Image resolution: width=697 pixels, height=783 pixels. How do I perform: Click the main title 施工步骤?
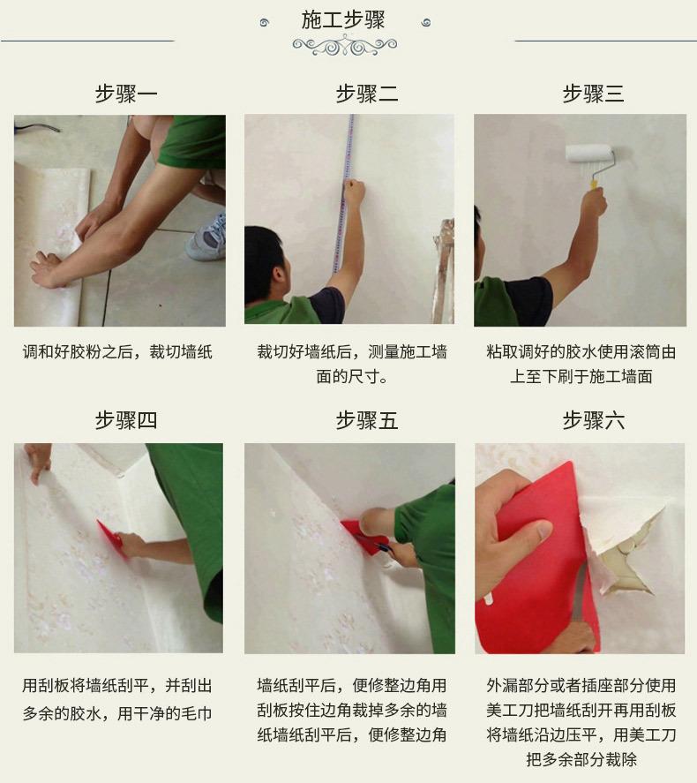pyautogui.click(x=343, y=20)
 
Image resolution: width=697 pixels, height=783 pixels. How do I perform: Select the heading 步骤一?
pyautogui.click(x=126, y=94)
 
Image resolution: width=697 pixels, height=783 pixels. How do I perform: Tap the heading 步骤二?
pyautogui.click(x=367, y=94)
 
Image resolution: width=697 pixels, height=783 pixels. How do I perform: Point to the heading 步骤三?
pyautogui.click(x=593, y=94)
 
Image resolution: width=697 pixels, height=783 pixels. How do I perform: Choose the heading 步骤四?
pyautogui.click(x=126, y=420)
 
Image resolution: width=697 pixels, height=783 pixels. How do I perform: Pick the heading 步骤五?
pyautogui.click(x=367, y=420)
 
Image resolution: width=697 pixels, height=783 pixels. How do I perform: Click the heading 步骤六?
pyautogui.click(x=593, y=420)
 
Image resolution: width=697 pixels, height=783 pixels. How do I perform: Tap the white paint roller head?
pyautogui.click(x=588, y=154)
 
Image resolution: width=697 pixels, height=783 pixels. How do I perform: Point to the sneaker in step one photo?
pyautogui.click(x=207, y=237)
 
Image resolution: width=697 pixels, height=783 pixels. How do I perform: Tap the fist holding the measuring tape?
pyautogui.click(x=355, y=192)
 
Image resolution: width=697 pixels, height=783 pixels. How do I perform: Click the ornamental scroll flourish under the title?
pyautogui.click(x=345, y=46)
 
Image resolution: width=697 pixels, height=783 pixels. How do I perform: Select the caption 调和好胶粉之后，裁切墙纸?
pyautogui.click(x=117, y=352)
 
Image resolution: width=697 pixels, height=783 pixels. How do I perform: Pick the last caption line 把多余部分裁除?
pyautogui.click(x=581, y=759)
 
